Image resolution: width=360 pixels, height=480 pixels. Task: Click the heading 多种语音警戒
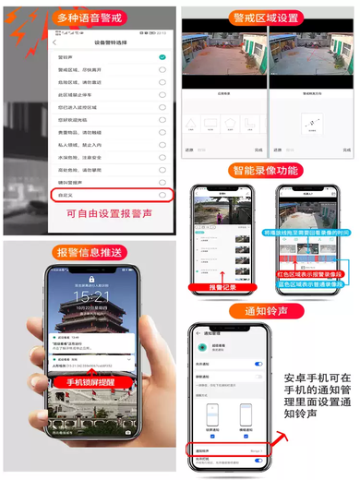90,18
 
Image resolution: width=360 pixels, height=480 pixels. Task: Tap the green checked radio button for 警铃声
162,57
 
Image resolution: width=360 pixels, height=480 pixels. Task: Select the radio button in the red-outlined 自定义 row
162,196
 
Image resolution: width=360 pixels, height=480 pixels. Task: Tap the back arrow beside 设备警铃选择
56,42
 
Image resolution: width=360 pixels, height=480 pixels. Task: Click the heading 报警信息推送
90,252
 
